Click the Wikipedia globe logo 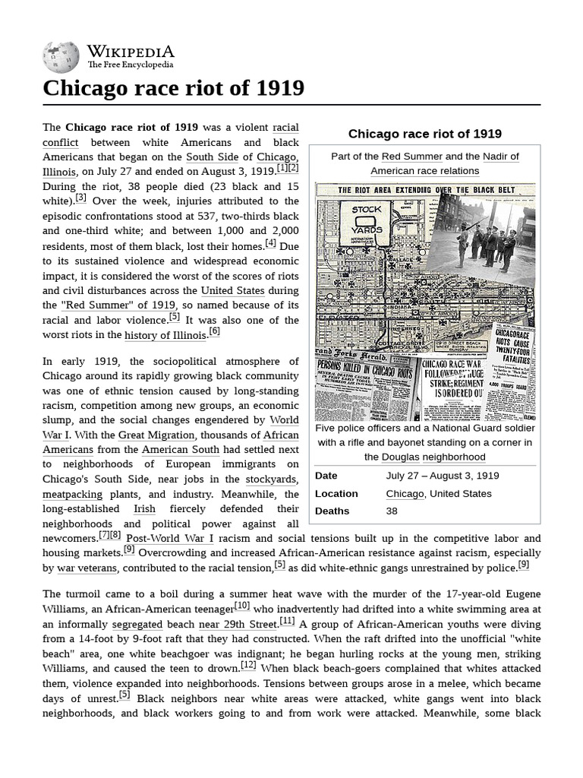point(61,56)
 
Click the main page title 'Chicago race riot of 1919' point(174,88)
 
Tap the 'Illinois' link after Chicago point(59,172)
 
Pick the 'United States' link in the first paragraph point(233,290)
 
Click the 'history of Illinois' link point(165,335)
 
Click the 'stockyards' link point(271,479)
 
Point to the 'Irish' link point(144,508)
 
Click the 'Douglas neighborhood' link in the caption point(433,457)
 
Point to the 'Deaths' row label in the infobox point(332,511)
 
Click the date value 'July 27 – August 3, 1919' point(442,476)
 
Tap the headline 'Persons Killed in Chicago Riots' point(366,370)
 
